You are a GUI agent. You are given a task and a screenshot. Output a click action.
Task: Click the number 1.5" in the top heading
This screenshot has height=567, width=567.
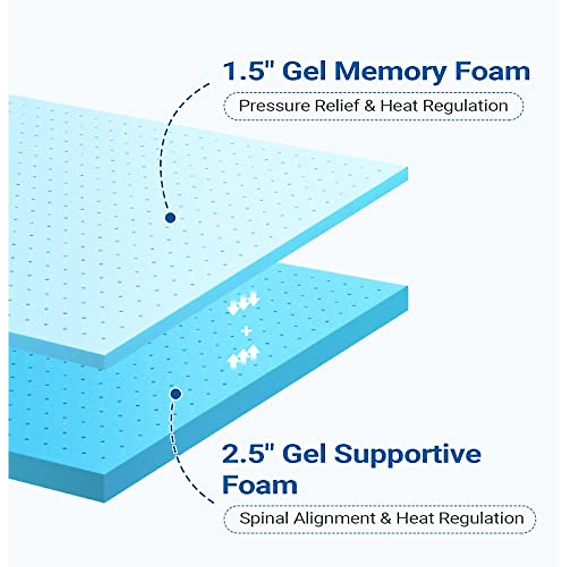click(249, 71)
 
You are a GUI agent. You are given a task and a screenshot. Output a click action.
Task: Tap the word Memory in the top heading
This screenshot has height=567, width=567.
click(390, 71)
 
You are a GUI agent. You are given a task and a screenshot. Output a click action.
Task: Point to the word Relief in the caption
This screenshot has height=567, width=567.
click(337, 106)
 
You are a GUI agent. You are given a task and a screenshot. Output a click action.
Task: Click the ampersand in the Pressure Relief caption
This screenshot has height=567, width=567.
click(370, 106)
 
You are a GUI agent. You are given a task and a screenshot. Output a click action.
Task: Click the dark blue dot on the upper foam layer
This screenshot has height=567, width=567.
click(171, 217)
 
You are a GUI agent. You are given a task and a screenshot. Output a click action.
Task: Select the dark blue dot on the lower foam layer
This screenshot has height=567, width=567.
click(176, 393)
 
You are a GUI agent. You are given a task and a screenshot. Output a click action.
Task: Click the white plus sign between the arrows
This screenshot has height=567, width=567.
click(246, 331)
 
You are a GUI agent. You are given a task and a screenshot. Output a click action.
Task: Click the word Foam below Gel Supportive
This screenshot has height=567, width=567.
click(259, 485)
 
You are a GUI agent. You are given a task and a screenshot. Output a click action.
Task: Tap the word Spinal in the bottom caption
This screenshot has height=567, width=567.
click(264, 518)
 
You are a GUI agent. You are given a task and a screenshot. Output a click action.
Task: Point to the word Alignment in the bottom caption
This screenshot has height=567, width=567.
click(335, 519)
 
